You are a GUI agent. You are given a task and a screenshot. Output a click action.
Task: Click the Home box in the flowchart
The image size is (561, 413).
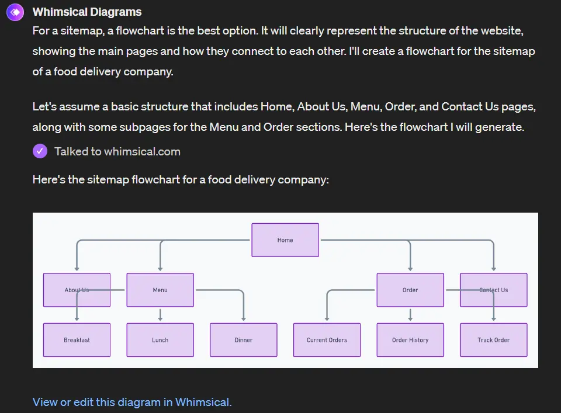(285, 240)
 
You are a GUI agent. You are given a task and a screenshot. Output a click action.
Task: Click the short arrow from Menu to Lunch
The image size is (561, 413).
(160, 315)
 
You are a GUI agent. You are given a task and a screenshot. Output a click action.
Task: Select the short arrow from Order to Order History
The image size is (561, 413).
(410, 315)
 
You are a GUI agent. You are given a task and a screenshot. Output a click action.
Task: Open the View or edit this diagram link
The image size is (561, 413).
(132, 402)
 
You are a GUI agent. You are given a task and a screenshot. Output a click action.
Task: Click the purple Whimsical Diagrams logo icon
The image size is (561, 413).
(15, 12)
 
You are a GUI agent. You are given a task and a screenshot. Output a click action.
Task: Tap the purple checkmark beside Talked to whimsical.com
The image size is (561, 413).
(40, 151)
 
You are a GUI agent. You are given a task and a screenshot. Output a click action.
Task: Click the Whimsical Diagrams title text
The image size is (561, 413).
(87, 12)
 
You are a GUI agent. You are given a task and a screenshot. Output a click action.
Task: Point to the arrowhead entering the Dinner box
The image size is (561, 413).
(244, 318)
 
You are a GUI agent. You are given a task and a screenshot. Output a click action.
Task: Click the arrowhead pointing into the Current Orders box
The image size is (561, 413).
(327, 318)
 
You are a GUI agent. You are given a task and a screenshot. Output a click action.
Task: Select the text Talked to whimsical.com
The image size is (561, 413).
(117, 151)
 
